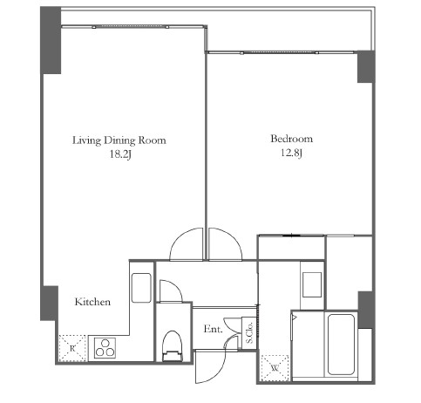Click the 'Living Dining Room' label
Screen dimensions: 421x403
[x=119, y=140]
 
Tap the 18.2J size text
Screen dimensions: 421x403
[x=120, y=154]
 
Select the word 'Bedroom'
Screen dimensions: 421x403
[x=292, y=139]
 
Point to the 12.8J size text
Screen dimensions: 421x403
[x=292, y=153]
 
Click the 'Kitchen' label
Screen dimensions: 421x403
[x=92, y=302]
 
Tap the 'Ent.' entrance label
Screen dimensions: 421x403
[x=213, y=329]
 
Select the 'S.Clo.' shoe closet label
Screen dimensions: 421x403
[x=249, y=332]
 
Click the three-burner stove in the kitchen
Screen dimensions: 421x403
[x=105, y=348]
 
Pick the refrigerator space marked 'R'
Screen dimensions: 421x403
[x=72, y=348]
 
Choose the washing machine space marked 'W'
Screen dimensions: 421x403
[x=275, y=368]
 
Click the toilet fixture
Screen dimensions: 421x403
[x=173, y=346]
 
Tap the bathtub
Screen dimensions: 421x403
[x=341, y=345]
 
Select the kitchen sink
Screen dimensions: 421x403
[x=141, y=288]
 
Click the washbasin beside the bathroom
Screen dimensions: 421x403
[x=312, y=284]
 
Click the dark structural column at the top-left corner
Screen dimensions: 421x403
[x=51, y=40]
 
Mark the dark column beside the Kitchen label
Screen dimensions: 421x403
[x=49, y=304]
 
